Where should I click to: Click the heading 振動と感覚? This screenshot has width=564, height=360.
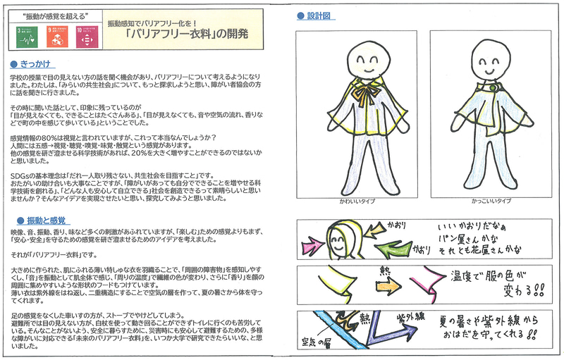(42, 220)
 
